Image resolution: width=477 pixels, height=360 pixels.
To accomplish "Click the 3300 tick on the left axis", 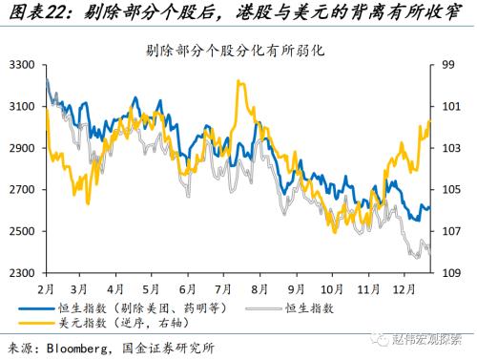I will pyautogui.click(x=22, y=65).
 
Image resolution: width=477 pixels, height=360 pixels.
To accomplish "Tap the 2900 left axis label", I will pyautogui.click(x=22, y=148).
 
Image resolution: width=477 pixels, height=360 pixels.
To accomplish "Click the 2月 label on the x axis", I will pyautogui.click(x=46, y=287).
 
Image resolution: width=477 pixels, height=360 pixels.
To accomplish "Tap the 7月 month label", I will pyautogui.click(x=227, y=287).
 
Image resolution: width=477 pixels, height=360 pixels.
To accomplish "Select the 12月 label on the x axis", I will pyautogui.click(x=404, y=287).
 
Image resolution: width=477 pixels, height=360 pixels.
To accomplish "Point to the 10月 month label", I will pyautogui.click(x=332, y=287).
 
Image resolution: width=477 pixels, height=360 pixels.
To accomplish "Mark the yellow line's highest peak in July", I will pyautogui.click(x=236, y=82).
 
